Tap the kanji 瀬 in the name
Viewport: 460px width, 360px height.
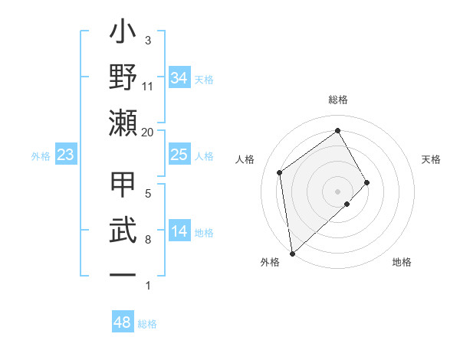click(x=123, y=123)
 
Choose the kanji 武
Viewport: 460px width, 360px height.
click(x=123, y=231)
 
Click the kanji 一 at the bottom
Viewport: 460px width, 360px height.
click(x=123, y=273)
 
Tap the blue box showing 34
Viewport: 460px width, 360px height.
click(x=179, y=78)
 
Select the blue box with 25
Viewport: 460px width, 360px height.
click(x=179, y=155)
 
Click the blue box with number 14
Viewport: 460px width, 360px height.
click(x=179, y=231)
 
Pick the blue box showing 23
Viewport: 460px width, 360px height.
click(x=65, y=155)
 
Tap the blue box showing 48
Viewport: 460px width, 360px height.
click(x=122, y=322)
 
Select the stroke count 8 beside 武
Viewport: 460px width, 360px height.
click(x=148, y=240)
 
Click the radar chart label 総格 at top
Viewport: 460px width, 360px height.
click(x=338, y=100)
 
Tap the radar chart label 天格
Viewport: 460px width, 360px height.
click(x=432, y=159)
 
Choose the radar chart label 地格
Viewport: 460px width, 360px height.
click(x=402, y=262)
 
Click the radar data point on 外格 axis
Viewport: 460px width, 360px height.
click(x=292, y=253)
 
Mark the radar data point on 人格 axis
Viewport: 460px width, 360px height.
click(x=280, y=172)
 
